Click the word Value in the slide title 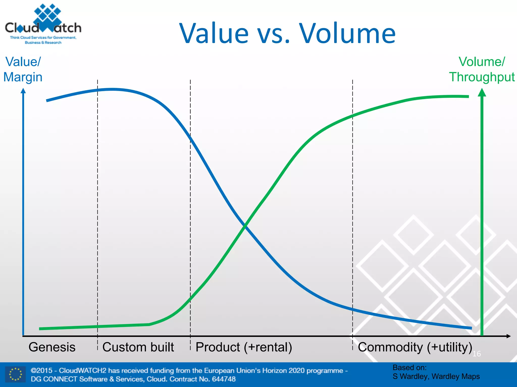214,34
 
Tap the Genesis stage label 52,347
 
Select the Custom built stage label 138,347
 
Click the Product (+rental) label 244,347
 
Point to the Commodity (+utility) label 415,347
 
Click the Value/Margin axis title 23,69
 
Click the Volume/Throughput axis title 482,69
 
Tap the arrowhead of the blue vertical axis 23,91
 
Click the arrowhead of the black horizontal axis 508,336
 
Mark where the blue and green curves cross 245,226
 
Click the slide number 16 477,354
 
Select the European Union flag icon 16,374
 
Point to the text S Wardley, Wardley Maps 436,376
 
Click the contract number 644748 224,379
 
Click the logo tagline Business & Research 43,43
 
